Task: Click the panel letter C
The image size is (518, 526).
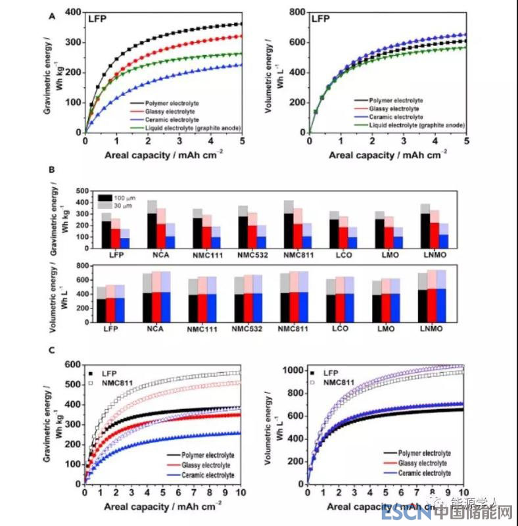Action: (51, 349)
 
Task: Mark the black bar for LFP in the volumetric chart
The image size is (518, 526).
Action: (102, 310)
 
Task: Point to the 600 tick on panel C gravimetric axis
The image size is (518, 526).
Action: (74, 364)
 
